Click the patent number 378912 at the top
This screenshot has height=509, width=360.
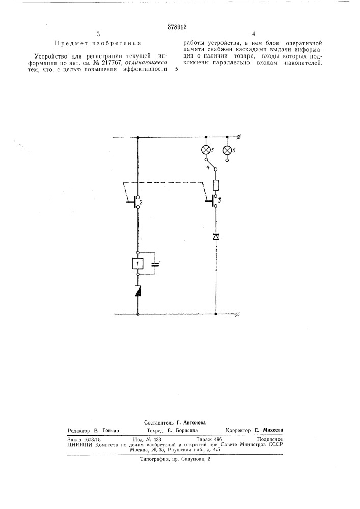[177, 27]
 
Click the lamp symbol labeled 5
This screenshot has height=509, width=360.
[206, 150]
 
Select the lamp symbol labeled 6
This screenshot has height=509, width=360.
[227, 150]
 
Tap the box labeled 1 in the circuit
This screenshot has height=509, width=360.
[138, 264]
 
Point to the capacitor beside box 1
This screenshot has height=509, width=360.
[155, 264]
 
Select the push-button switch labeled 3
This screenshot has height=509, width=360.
[212, 201]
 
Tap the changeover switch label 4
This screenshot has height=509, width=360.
[208, 167]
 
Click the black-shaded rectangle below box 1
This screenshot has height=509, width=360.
[138, 290]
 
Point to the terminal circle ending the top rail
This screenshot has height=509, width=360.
[239, 137]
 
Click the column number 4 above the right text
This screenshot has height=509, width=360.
[254, 34]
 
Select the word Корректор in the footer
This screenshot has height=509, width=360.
[238, 430]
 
